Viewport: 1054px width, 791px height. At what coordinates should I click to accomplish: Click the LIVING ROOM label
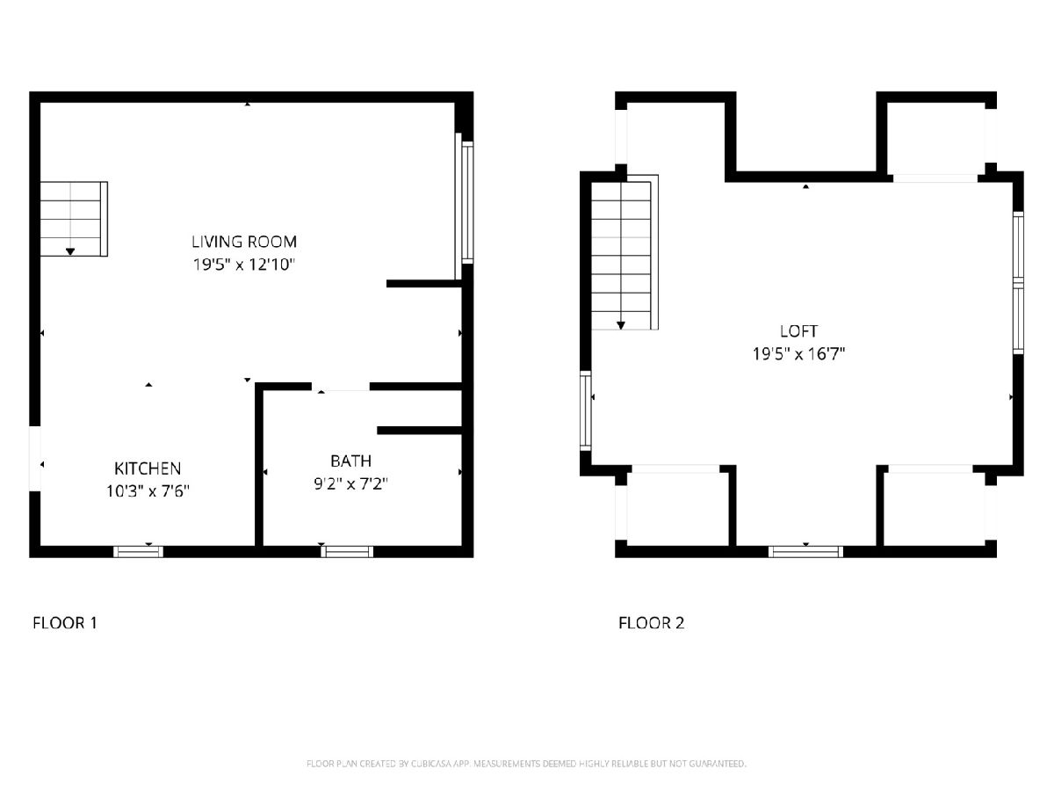pos(244,242)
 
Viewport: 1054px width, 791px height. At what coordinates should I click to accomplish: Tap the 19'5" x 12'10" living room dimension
pos(244,265)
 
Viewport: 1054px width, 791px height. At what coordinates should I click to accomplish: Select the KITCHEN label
pos(148,468)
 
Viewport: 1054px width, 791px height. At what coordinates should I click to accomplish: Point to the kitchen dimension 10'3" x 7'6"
pos(148,491)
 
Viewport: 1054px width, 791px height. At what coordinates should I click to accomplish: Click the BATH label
pos(351,461)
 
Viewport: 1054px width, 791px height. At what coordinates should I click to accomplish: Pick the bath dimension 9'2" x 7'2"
pos(351,483)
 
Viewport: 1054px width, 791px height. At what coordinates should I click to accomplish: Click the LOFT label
pos(799,331)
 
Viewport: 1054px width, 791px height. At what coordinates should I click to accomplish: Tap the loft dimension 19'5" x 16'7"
pos(799,354)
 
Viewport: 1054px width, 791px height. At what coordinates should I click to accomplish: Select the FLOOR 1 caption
pos(65,623)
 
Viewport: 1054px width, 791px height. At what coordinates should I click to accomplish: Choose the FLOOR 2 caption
pos(651,623)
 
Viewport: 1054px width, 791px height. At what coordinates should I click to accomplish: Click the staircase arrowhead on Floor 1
pos(70,251)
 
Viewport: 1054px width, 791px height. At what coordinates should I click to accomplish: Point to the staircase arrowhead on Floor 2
pos(621,325)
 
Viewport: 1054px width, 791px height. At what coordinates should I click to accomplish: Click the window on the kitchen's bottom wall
pos(138,552)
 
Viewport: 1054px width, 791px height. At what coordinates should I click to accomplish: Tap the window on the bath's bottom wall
pos(347,552)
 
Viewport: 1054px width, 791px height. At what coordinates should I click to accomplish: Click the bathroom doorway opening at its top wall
pos(341,387)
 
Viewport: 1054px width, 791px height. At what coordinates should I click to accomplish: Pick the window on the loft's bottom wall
pos(805,552)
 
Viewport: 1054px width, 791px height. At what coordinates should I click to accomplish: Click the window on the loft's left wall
pos(585,410)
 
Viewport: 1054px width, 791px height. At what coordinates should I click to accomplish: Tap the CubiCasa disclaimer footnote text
pos(526,763)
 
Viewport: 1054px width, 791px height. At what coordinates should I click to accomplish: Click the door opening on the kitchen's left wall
pos(34,459)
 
